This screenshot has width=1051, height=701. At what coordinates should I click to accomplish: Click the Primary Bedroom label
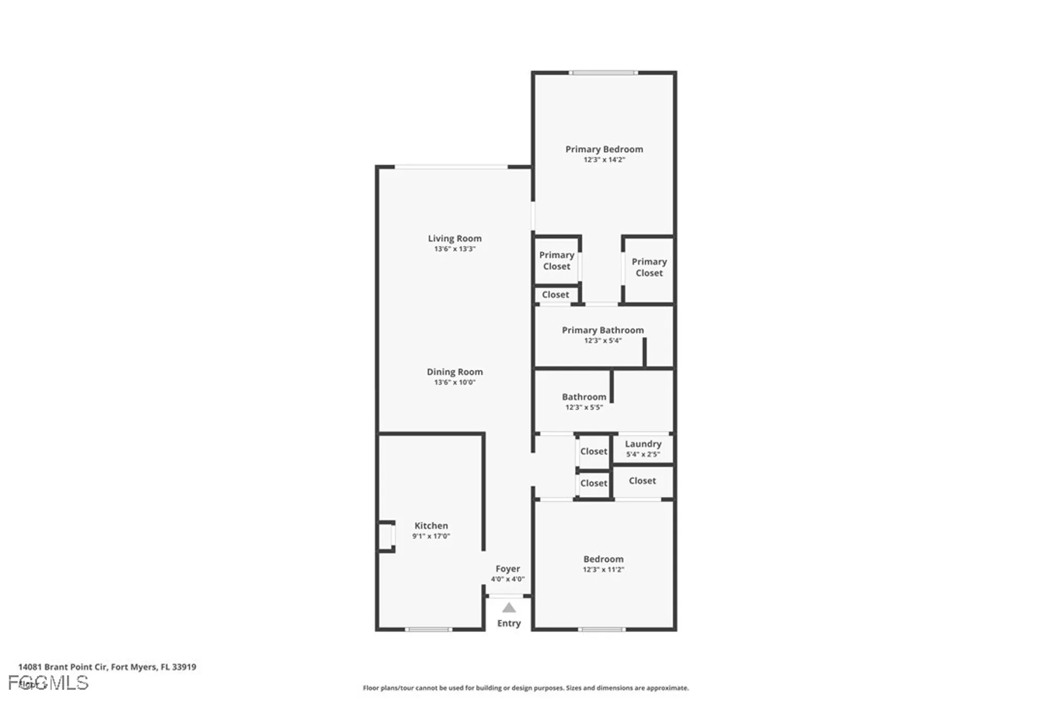click(x=604, y=149)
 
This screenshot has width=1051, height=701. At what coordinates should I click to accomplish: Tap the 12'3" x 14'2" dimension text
click(x=604, y=160)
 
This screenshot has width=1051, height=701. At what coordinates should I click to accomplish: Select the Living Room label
click(x=455, y=238)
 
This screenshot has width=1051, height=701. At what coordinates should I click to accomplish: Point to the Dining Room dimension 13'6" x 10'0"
click(x=455, y=382)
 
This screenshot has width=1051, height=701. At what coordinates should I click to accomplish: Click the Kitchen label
click(x=431, y=525)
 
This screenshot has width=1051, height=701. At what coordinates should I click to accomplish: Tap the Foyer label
click(x=508, y=568)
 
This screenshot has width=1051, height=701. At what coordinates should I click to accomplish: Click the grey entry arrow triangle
click(x=509, y=608)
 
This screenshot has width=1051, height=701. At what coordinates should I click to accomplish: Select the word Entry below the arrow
click(x=509, y=623)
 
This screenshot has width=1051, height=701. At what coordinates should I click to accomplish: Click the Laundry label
click(x=643, y=444)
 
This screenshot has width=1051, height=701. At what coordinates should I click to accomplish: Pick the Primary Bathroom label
click(x=603, y=330)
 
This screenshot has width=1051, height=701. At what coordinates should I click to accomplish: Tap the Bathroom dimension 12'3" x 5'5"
click(x=584, y=407)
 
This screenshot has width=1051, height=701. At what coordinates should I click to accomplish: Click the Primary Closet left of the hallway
click(x=557, y=260)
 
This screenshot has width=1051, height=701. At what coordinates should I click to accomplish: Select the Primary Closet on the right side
click(x=649, y=267)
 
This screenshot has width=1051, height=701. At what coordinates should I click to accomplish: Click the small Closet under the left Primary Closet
click(x=555, y=294)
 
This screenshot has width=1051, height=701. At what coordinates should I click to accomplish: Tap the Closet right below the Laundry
click(x=642, y=481)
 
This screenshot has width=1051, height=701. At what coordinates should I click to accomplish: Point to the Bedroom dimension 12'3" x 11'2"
click(x=603, y=570)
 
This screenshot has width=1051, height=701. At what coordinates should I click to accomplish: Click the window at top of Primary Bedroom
click(x=603, y=73)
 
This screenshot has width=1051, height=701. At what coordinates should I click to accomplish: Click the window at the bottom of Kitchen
click(x=428, y=629)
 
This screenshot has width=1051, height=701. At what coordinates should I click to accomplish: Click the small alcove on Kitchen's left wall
click(x=386, y=536)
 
